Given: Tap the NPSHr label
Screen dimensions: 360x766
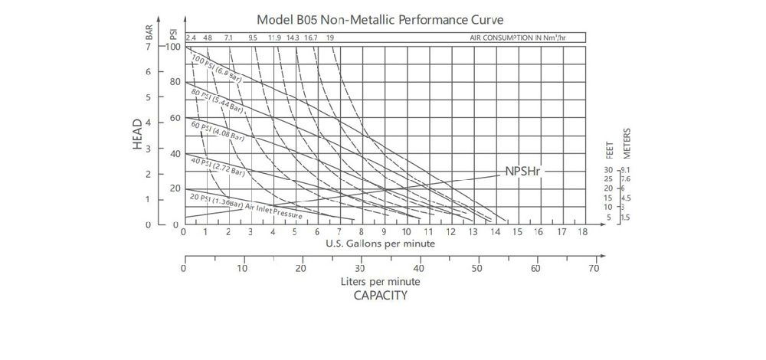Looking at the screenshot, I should coord(523,171).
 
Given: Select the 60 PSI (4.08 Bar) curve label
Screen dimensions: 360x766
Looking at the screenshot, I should coord(218,132).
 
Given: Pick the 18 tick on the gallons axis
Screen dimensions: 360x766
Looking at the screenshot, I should coord(583,231).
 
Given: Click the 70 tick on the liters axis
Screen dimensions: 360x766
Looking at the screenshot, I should coord(594,270).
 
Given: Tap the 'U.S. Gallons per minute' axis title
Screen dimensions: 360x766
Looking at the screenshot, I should coord(381,244).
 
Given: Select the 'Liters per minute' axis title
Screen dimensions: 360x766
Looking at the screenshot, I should coord(381,281).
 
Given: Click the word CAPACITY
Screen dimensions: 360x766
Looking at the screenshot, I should coord(381,295).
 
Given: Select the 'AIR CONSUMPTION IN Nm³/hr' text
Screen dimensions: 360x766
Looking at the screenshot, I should coord(525,37).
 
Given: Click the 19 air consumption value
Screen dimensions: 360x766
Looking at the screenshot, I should coord(329,37).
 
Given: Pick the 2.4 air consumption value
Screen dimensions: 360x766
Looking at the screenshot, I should coord(191,37).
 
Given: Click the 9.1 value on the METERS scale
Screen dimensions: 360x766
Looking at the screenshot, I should coord(626,170).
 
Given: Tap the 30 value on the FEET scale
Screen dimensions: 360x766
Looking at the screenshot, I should coord(609,170).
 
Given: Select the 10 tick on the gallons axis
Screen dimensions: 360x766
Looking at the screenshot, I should coord(406,231).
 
